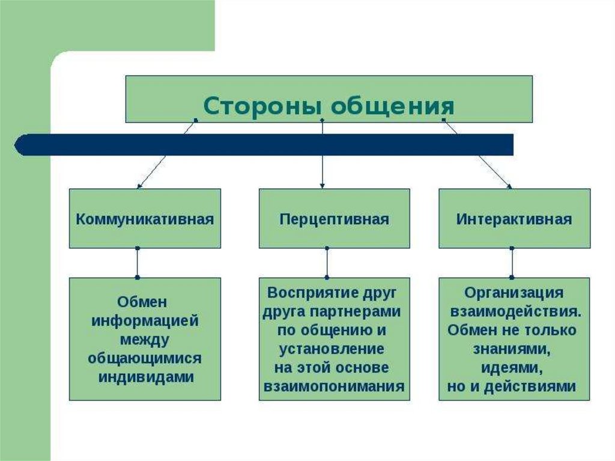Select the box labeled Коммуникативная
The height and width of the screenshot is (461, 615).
click(x=145, y=218)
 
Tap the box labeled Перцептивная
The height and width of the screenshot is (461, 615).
click(x=335, y=218)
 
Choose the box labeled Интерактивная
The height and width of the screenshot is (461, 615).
click(x=514, y=218)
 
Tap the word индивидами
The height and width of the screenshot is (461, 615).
click(x=145, y=377)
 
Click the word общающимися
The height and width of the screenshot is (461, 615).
click(x=145, y=358)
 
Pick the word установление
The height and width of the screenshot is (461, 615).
click(x=332, y=349)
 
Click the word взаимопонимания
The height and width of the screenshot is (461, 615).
click(x=334, y=386)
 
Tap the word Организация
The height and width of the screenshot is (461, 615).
click(x=514, y=293)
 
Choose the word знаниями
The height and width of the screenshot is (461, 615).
click(x=512, y=349)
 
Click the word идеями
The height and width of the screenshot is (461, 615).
click(x=512, y=367)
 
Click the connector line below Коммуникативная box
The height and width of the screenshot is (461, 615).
click(x=138, y=263)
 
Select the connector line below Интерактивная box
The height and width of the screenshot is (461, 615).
click(x=512, y=263)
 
